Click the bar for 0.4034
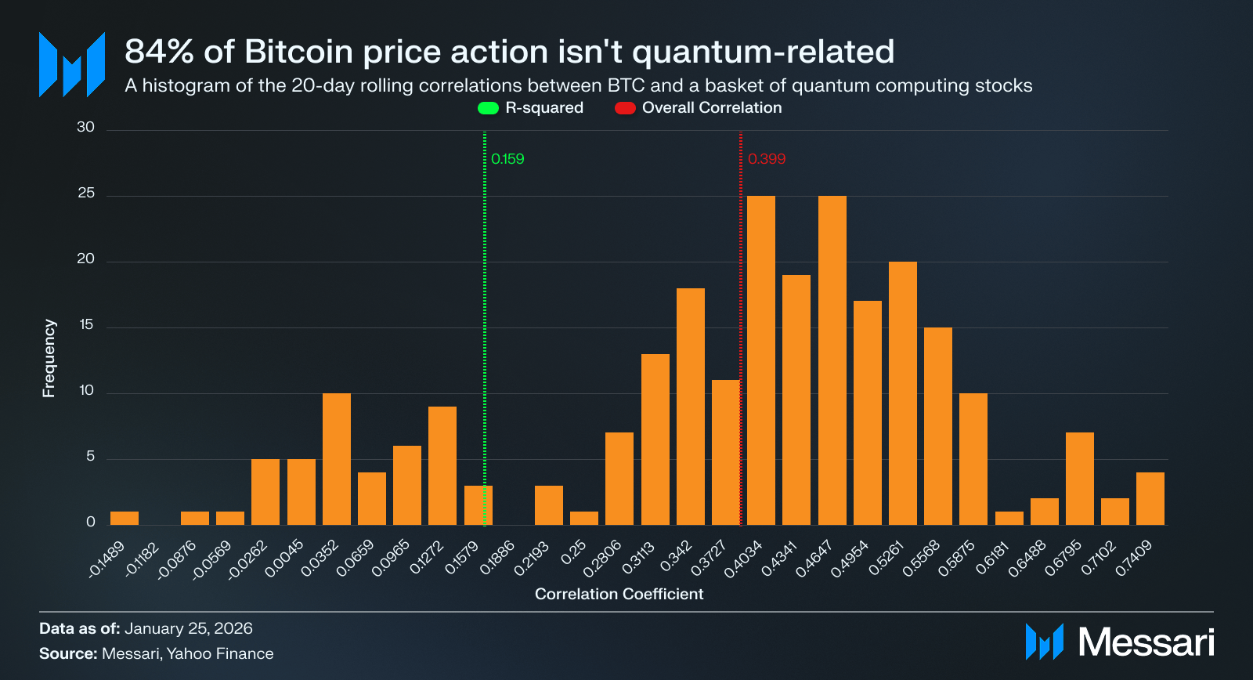click(x=760, y=360)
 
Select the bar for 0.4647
click(x=832, y=360)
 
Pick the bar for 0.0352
click(x=337, y=459)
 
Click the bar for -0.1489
click(x=125, y=518)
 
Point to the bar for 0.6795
click(x=1079, y=479)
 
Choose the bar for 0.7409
click(x=1150, y=498)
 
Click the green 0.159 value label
click(x=507, y=159)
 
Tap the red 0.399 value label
click(x=766, y=159)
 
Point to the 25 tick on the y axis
click(x=86, y=194)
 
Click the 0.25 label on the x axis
click(x=574, y=553)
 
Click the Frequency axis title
click(x=49, y=358)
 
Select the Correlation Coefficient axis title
click(x=619, y=594)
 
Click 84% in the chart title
click(x=159, y=52)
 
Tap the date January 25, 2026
click(x=188, y=628)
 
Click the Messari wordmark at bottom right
click(x=1146, y=642)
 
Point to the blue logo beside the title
click(x=72, y=64)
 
